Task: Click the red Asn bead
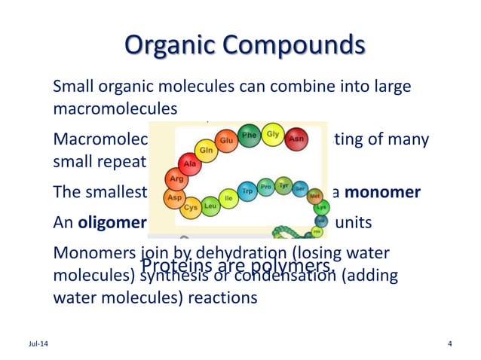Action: (x=297, y=139)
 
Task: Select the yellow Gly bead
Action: (x=273, y=136)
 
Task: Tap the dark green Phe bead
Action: (x=249, y=136)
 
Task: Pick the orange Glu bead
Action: (x=225, y=140)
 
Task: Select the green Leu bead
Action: (x=210, y=204)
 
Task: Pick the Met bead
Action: (x=314, y=194)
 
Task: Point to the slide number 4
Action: (x=449, y=345)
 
